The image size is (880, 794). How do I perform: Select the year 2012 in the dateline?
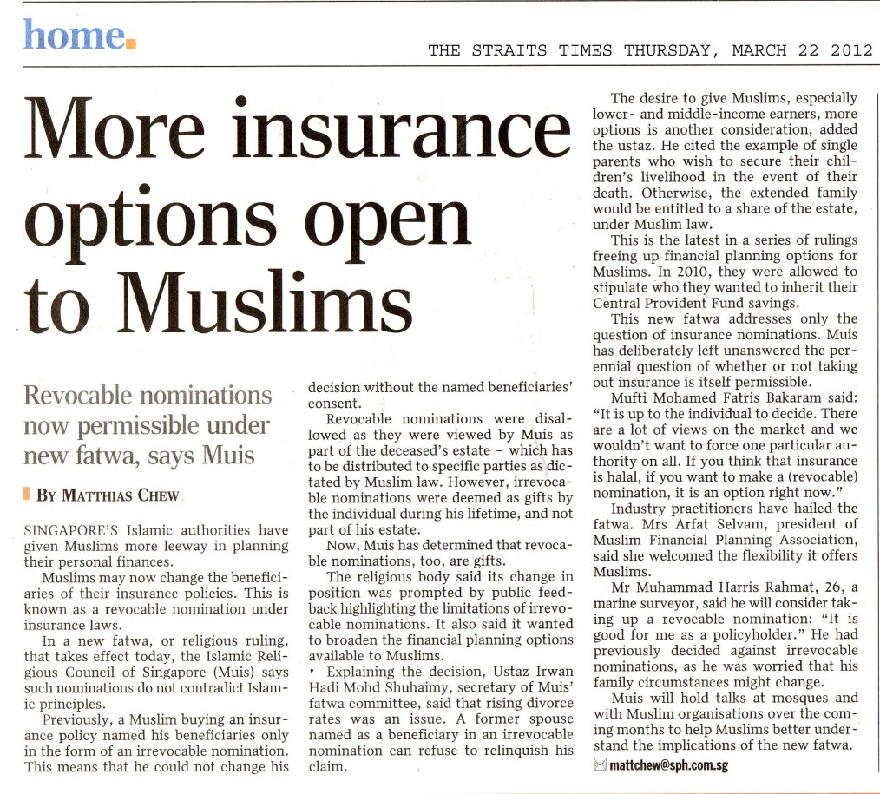[x=851, y=50]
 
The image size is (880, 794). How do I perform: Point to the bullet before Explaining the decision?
[x=312, y=673]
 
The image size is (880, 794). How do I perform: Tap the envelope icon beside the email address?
[x=598, y=765]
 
